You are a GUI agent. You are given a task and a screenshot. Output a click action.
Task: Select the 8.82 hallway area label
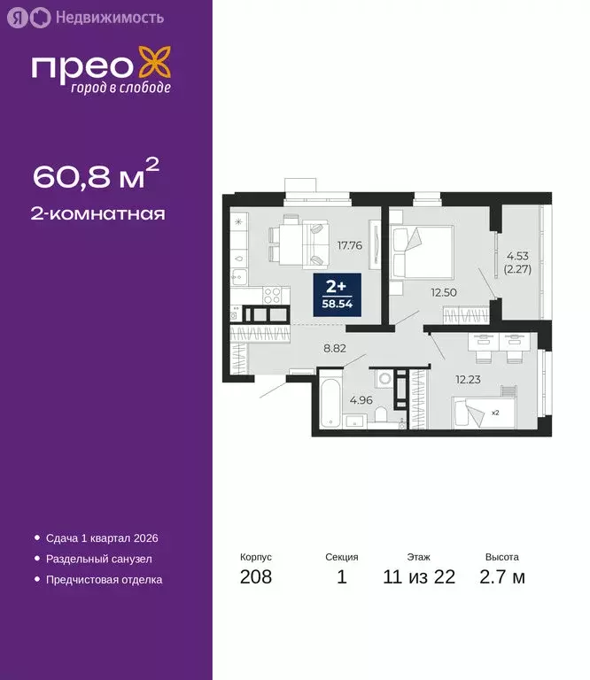tap(334, 348)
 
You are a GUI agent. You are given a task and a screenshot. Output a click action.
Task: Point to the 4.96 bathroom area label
tap(360, 399)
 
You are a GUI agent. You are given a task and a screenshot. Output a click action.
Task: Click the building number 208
tap(255, 578)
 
